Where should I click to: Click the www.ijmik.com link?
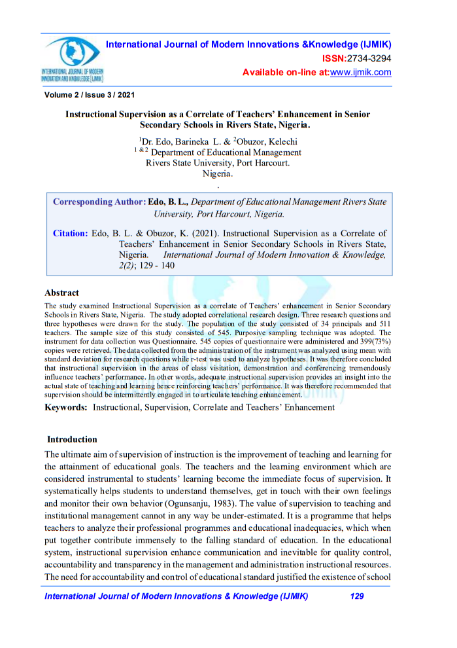[360, 72]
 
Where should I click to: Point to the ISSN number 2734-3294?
[369, 58]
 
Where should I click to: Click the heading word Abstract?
[61, 293]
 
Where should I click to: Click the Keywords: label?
[66, 407]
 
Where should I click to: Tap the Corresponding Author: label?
[99, 202]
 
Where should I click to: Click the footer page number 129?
[356, 596]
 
